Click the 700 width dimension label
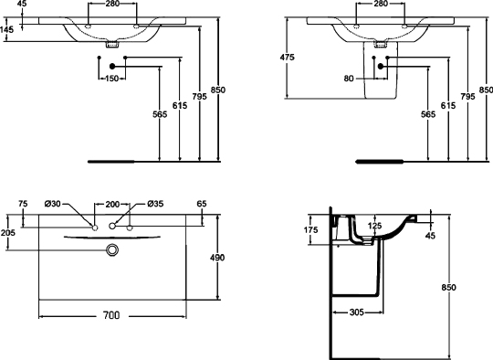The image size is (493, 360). click(111, 315)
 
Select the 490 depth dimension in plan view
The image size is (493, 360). click(217, 258)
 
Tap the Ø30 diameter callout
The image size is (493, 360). click(53, 204)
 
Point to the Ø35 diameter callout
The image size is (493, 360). click(155, 204)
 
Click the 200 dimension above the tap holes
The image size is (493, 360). click(112, 205)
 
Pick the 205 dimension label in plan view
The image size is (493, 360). click(7, 233)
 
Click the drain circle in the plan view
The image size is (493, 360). click(112, 249)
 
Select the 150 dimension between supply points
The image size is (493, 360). click(111, 79)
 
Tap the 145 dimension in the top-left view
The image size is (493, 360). click(7, 30)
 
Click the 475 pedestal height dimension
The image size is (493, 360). click(287, 58)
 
